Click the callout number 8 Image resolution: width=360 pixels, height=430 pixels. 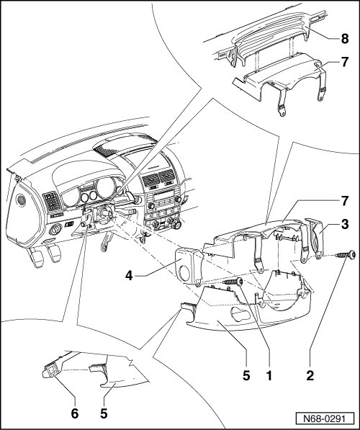[x=345, y=39]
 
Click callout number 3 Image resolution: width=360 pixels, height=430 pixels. [x=345, y=224]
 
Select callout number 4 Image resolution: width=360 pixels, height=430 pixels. [x=129, y=275]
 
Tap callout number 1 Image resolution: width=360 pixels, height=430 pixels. [x=269, y=375]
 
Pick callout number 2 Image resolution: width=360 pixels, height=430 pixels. [x=310, y=375]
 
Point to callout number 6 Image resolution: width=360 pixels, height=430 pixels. [x=75, y=413]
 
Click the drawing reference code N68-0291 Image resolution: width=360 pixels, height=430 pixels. [x=325, y=418]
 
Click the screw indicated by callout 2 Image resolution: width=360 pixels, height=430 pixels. [x=346, y=255]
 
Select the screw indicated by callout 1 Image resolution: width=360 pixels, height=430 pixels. [x=233, y=282]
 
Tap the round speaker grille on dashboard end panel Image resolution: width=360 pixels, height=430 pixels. [x=21, y=200]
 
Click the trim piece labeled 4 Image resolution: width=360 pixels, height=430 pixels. [x=189, y=266]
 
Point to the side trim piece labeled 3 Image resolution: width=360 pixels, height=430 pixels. [x=315, y=238]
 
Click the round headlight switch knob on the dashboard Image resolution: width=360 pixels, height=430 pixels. [x=55, y=229]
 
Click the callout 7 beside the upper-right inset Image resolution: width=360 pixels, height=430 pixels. [x=345, y=62]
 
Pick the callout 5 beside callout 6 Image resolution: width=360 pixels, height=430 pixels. [x=104, y=413]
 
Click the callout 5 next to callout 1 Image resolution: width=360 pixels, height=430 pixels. [x=246, y=375]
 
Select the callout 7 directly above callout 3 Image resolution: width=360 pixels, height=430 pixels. [x=345, y=201]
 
